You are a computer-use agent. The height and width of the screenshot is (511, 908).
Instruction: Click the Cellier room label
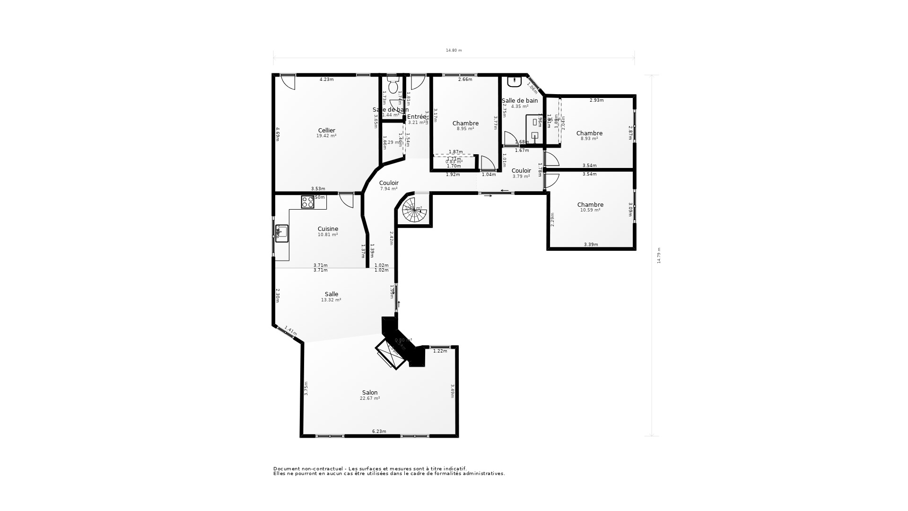[326, 131]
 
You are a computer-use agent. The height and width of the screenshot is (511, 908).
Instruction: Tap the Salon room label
[370, 393]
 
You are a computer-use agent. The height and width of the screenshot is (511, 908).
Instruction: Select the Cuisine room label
[328, 229]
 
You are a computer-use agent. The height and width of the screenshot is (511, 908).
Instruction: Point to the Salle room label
[331, 294]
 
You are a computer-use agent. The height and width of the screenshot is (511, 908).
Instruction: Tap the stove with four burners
[307, 202]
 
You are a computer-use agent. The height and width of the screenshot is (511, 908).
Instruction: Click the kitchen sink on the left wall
[281, 233]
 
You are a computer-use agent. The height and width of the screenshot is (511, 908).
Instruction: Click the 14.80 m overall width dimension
[454, 50]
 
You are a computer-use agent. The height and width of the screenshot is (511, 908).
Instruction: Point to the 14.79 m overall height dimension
[659, 255]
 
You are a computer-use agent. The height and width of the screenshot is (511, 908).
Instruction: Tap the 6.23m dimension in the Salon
[379, 432]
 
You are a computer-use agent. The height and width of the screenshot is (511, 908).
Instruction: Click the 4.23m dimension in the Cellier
[326, 79]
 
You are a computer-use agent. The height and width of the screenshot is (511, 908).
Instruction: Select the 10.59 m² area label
[590, 210]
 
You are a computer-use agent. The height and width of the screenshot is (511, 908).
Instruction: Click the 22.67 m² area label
[370, 398]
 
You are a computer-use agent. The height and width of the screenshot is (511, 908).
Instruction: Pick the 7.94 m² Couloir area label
[389, 189]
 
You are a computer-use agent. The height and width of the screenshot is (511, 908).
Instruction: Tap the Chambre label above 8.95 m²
[465, 123]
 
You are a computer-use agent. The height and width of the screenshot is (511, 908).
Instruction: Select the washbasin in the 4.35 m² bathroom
[514, 82]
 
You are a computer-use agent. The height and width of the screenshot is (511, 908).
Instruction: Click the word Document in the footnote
[286, 468]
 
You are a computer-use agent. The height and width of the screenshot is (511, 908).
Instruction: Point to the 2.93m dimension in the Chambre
[596, 100]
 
